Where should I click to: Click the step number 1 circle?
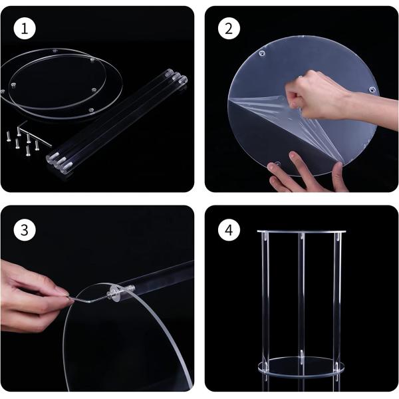pos(25,29)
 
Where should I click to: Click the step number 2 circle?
pos(229,29)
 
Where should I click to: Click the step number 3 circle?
pos(25,230)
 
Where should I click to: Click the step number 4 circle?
pos(229,230)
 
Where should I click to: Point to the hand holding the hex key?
pos(31,295)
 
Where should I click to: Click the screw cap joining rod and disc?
pos(116,293)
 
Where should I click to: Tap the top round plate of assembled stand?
pos(301,232)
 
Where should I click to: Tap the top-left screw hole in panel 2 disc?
pos(261,54)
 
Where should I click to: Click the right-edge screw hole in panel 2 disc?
pos(372,89)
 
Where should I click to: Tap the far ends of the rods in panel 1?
pos(176,76)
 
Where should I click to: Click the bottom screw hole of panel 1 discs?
pos(91,110)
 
